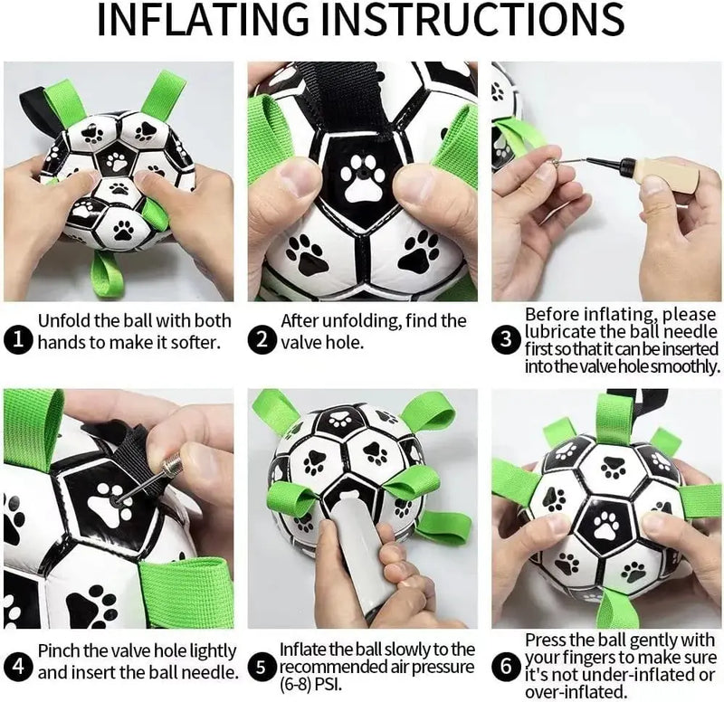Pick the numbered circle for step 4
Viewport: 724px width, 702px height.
pos(18,668)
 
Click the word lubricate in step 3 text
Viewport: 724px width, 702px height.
pos(557,331)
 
